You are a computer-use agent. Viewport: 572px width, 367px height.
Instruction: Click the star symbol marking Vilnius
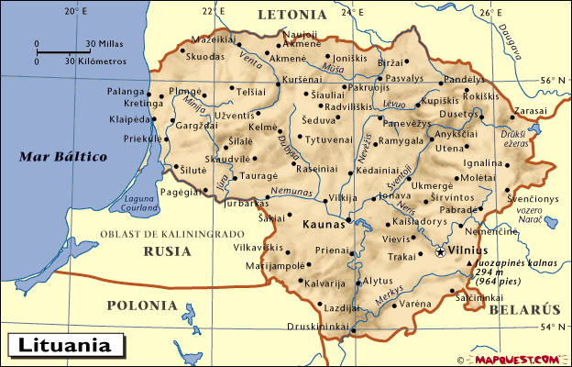(441, 250)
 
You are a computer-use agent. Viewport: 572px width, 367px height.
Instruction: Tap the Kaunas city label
(322, 223)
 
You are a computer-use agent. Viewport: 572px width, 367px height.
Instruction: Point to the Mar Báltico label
(63, 157)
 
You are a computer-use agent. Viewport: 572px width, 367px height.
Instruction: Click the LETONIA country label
(291, 15)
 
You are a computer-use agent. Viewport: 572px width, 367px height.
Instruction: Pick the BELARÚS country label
(523, 311)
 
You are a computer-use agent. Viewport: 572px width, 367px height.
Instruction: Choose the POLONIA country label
(141, 305)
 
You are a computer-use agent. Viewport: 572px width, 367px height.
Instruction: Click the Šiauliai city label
(328, 95)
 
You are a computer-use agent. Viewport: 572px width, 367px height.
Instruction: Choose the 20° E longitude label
(76, 12)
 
